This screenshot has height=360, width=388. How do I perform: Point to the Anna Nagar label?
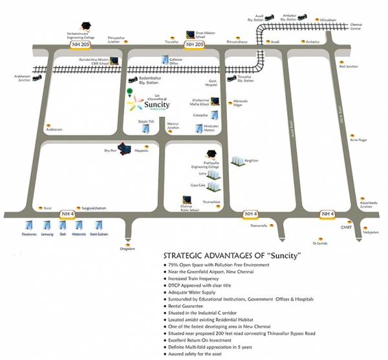(x=358, y=139)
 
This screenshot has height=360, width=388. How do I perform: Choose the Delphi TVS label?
(x=148, y=120)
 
